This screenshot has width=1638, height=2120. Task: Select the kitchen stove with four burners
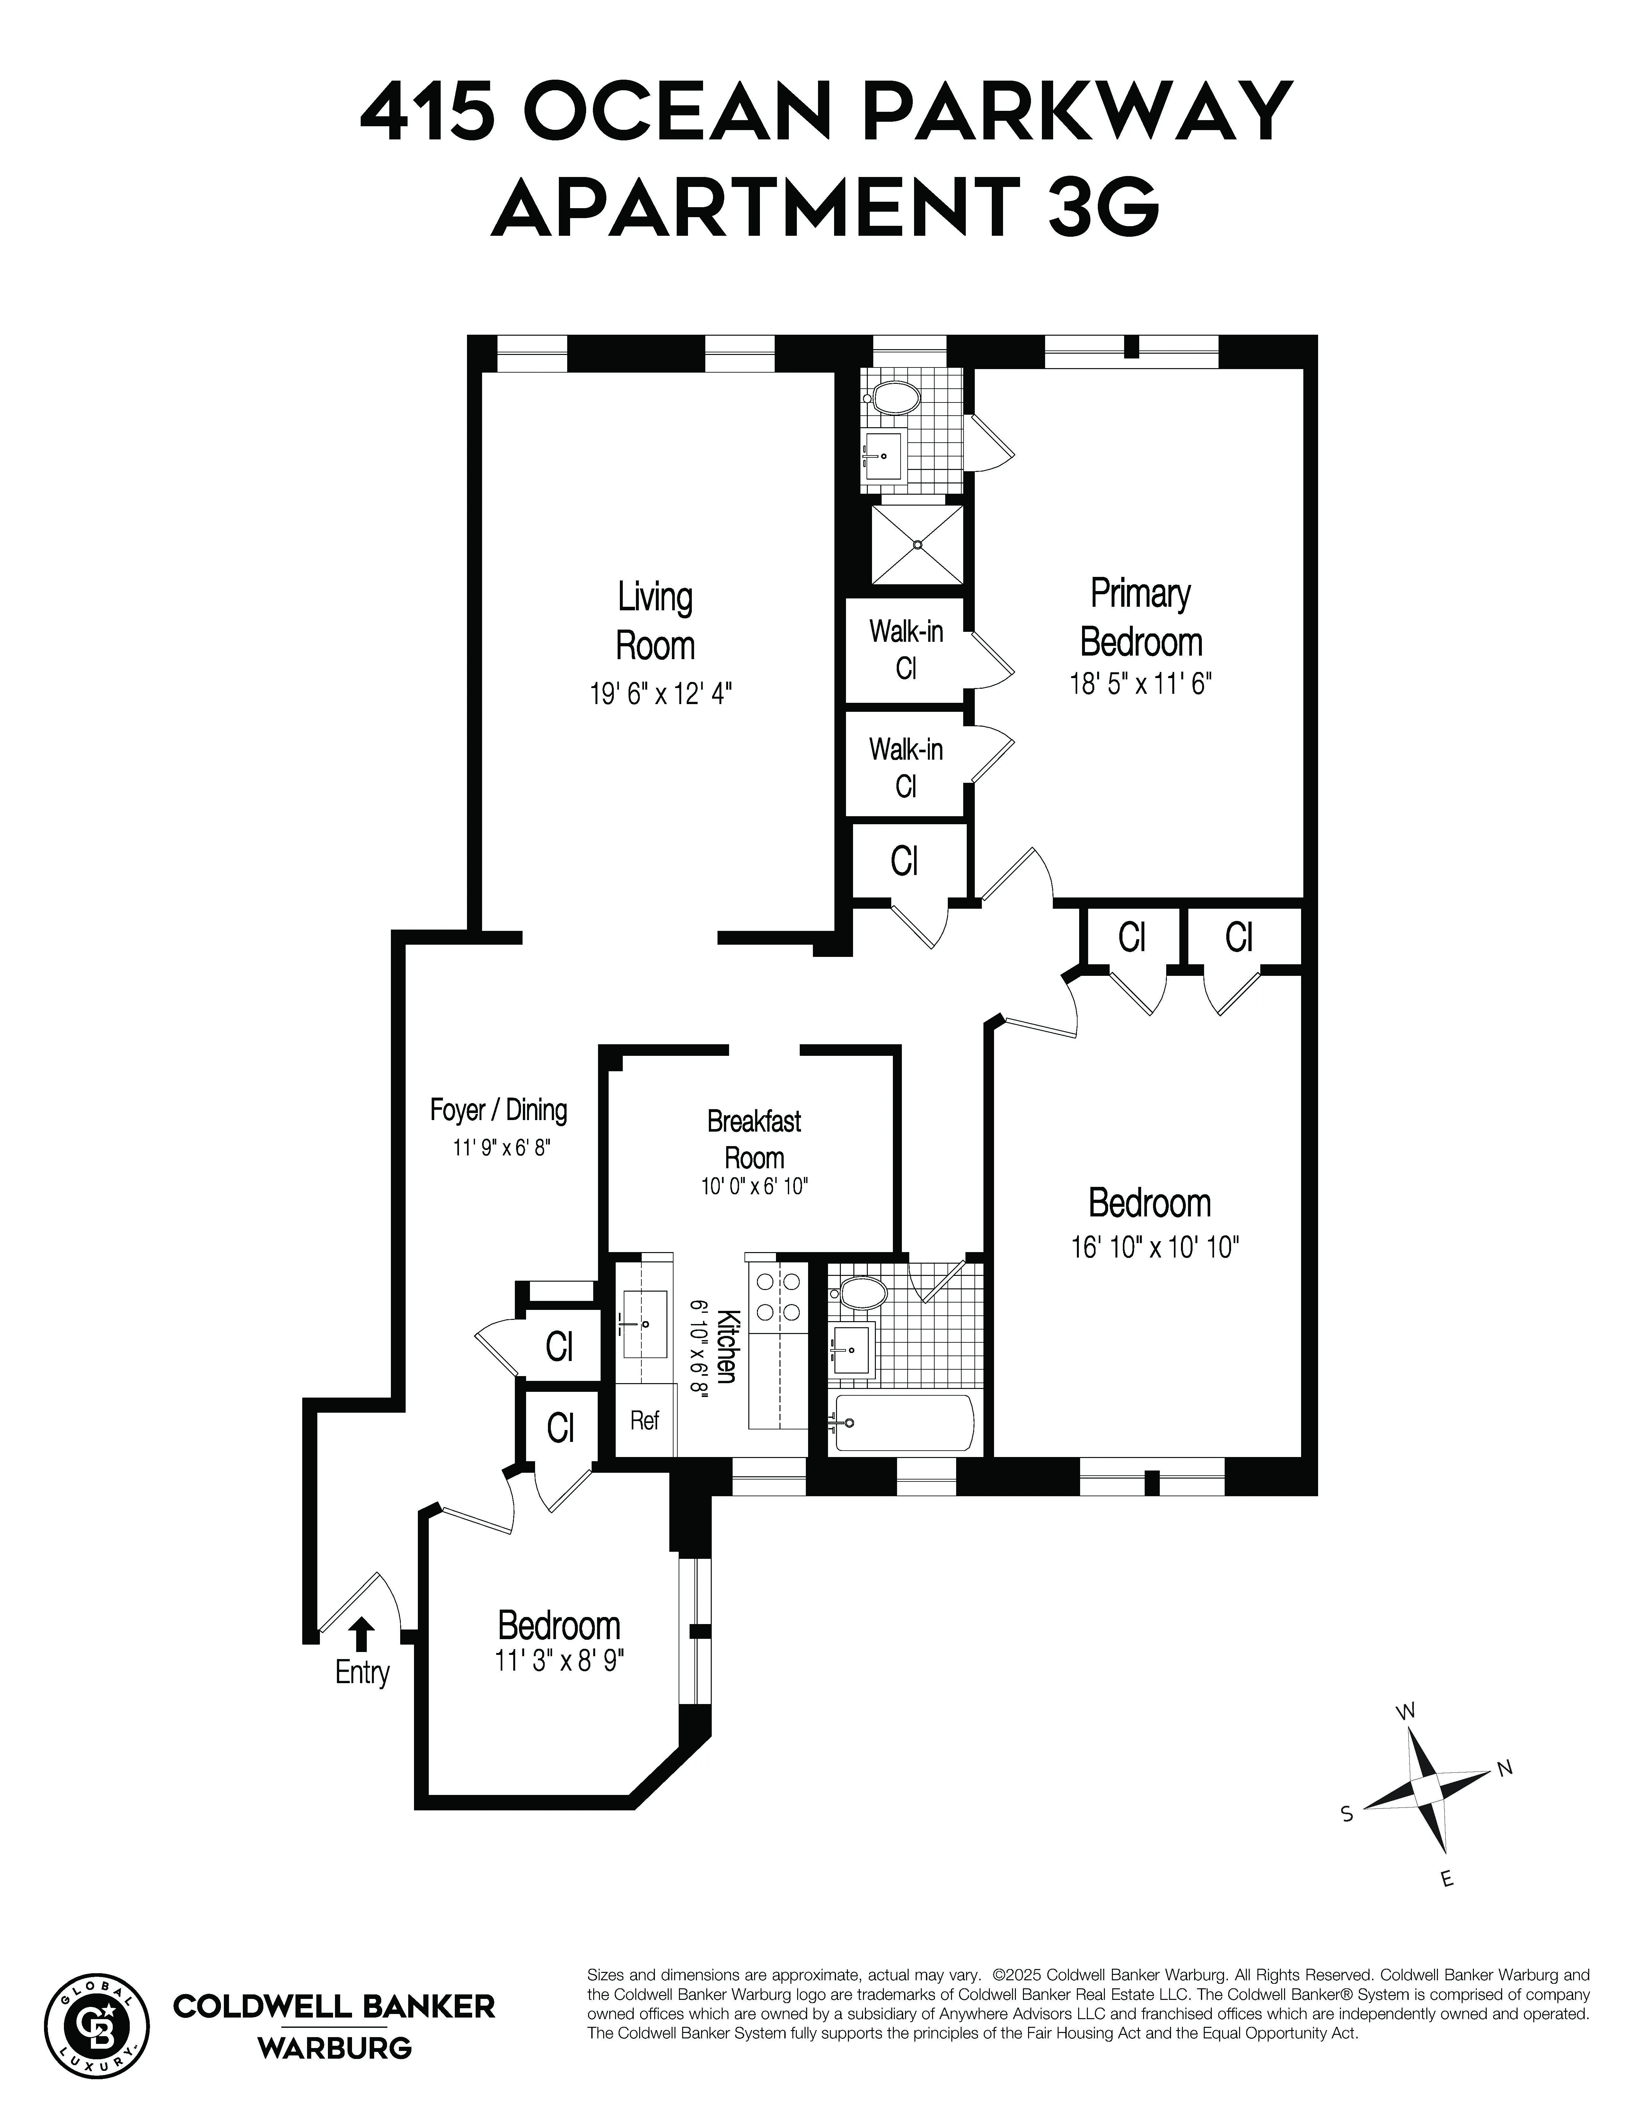pos(777,1296)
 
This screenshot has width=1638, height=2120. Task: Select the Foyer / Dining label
pos(498,1109)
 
